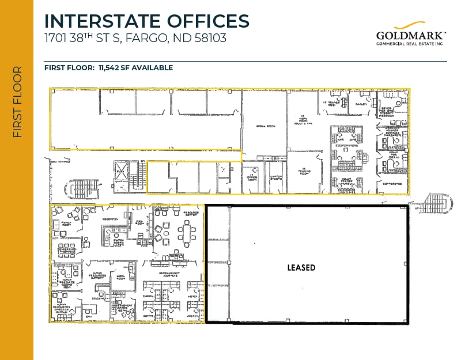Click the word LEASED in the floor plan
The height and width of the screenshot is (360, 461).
(x=301, y=268)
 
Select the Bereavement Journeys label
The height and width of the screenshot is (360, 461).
(x=173, y=274)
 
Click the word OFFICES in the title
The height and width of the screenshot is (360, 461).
(x=202, y=21)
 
